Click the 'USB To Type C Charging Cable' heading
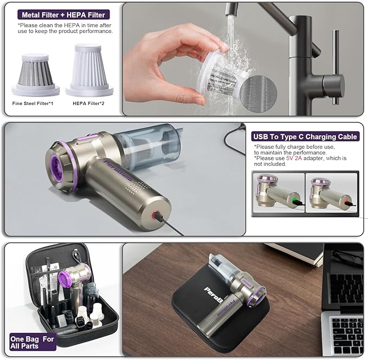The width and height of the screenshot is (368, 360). pos(305,137)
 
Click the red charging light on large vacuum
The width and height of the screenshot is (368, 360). pos(158,215)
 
